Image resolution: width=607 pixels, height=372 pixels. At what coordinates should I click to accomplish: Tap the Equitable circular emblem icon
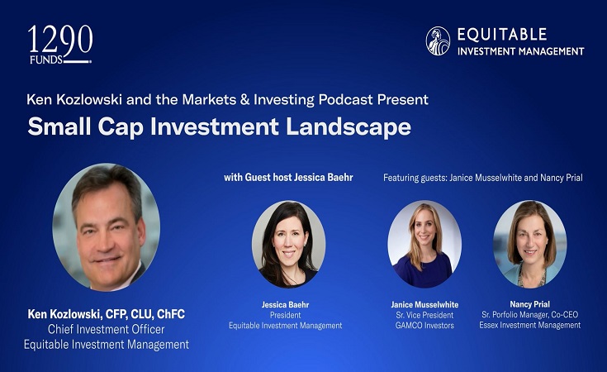[x=438, y=41]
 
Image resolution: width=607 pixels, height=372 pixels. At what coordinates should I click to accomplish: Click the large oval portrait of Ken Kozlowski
[x=107, y=227]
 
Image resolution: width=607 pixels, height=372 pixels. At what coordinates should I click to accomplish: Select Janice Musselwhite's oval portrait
[x=424, y=244]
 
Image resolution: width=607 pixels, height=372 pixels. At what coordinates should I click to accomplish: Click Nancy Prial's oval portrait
[x=530, y=244]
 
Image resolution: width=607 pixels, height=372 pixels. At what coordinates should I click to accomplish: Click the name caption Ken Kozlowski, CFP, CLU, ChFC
[x=107, y=315]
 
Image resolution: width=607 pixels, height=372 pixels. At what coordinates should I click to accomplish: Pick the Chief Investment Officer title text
[x=107, y=330]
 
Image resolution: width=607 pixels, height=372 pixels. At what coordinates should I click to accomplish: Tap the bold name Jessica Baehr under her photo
[x=286, y=303]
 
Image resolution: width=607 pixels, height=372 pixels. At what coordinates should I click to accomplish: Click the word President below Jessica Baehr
[x=286, y=314]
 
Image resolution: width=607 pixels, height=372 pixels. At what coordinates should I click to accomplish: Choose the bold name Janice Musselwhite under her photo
[x=424, y=304]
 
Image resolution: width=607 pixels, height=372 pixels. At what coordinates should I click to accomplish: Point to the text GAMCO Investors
[x=424, y=325]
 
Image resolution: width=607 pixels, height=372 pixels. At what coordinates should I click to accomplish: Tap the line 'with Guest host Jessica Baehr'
[x=282, y=177]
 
